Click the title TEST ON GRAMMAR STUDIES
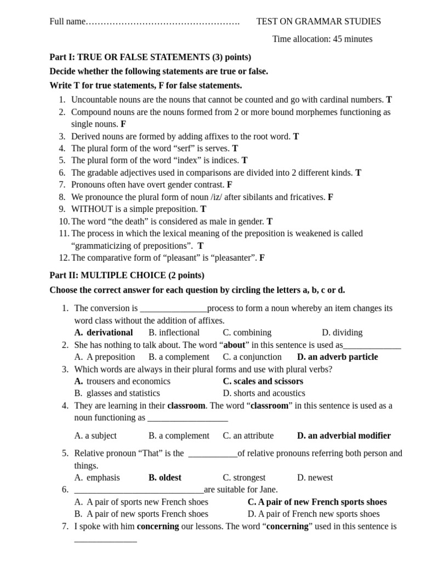pos(318,21)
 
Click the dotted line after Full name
pos(163,22)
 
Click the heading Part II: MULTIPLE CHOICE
pos(127,275)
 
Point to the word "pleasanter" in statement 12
pos(234,257)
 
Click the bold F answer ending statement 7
pos(230,185)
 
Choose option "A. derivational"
pos(104,332)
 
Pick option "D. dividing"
pos(342,332)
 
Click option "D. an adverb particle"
pos(337,357)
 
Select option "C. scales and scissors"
pos(263,381)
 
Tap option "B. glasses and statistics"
pos(117,393)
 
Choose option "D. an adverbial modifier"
pos(344,436)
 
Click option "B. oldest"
pos(165,477)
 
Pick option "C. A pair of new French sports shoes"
pos(317,502)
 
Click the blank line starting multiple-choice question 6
pos(139,490)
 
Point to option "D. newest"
pos(315,477)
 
